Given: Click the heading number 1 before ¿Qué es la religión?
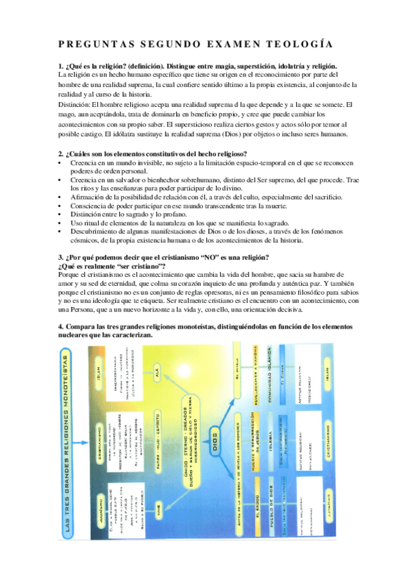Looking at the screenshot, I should click(61, 66).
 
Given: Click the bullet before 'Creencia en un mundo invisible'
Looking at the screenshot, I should click(61, 164).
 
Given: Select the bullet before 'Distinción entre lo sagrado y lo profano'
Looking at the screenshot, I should click(61, 214).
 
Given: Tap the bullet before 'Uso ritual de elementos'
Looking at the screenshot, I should click(61, 223).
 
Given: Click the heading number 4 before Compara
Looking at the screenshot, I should click(61, 327).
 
